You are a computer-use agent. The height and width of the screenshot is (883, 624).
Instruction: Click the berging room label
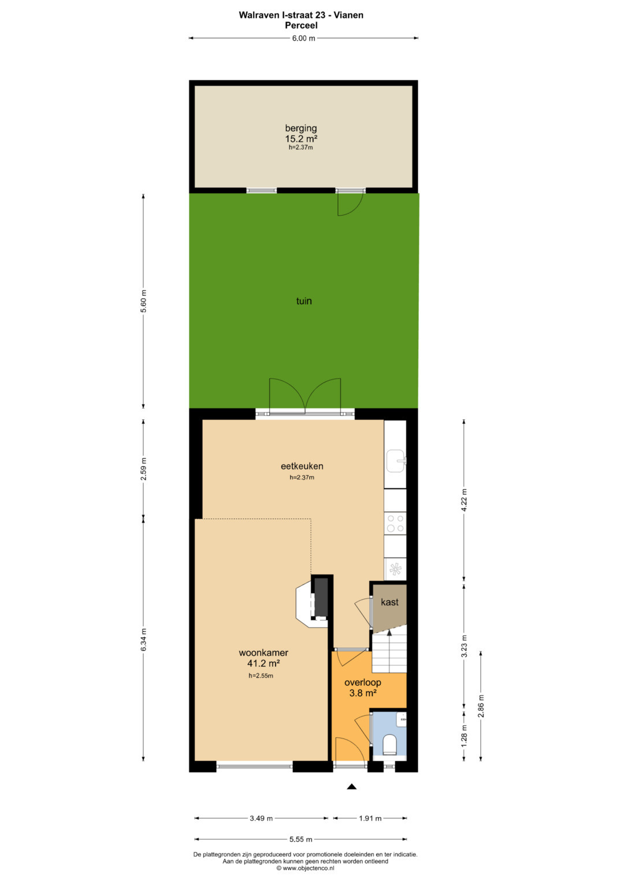tap(301, 128)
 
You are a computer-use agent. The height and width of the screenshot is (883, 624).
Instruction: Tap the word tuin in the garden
tap(304, 301)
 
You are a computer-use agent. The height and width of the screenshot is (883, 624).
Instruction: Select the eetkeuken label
tap(302, 466)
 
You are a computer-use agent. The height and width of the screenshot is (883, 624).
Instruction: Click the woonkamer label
tap(263, 653)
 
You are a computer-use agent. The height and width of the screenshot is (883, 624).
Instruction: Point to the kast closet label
tap(389, 602)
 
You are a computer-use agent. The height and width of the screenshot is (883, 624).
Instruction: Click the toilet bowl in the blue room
tap(389, 744)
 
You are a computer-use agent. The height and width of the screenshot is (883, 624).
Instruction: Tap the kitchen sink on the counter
tap(396, 461)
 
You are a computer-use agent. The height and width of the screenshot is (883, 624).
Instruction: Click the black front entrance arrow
tap(351, 787)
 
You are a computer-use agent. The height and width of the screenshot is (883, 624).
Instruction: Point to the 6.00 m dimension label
tap(303, 38)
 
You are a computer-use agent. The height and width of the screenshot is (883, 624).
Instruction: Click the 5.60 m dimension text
tap(143, 301)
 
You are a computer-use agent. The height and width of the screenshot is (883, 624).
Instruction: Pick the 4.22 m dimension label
tap(464, 500)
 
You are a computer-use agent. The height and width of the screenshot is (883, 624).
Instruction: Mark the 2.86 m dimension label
tap(481, 706)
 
